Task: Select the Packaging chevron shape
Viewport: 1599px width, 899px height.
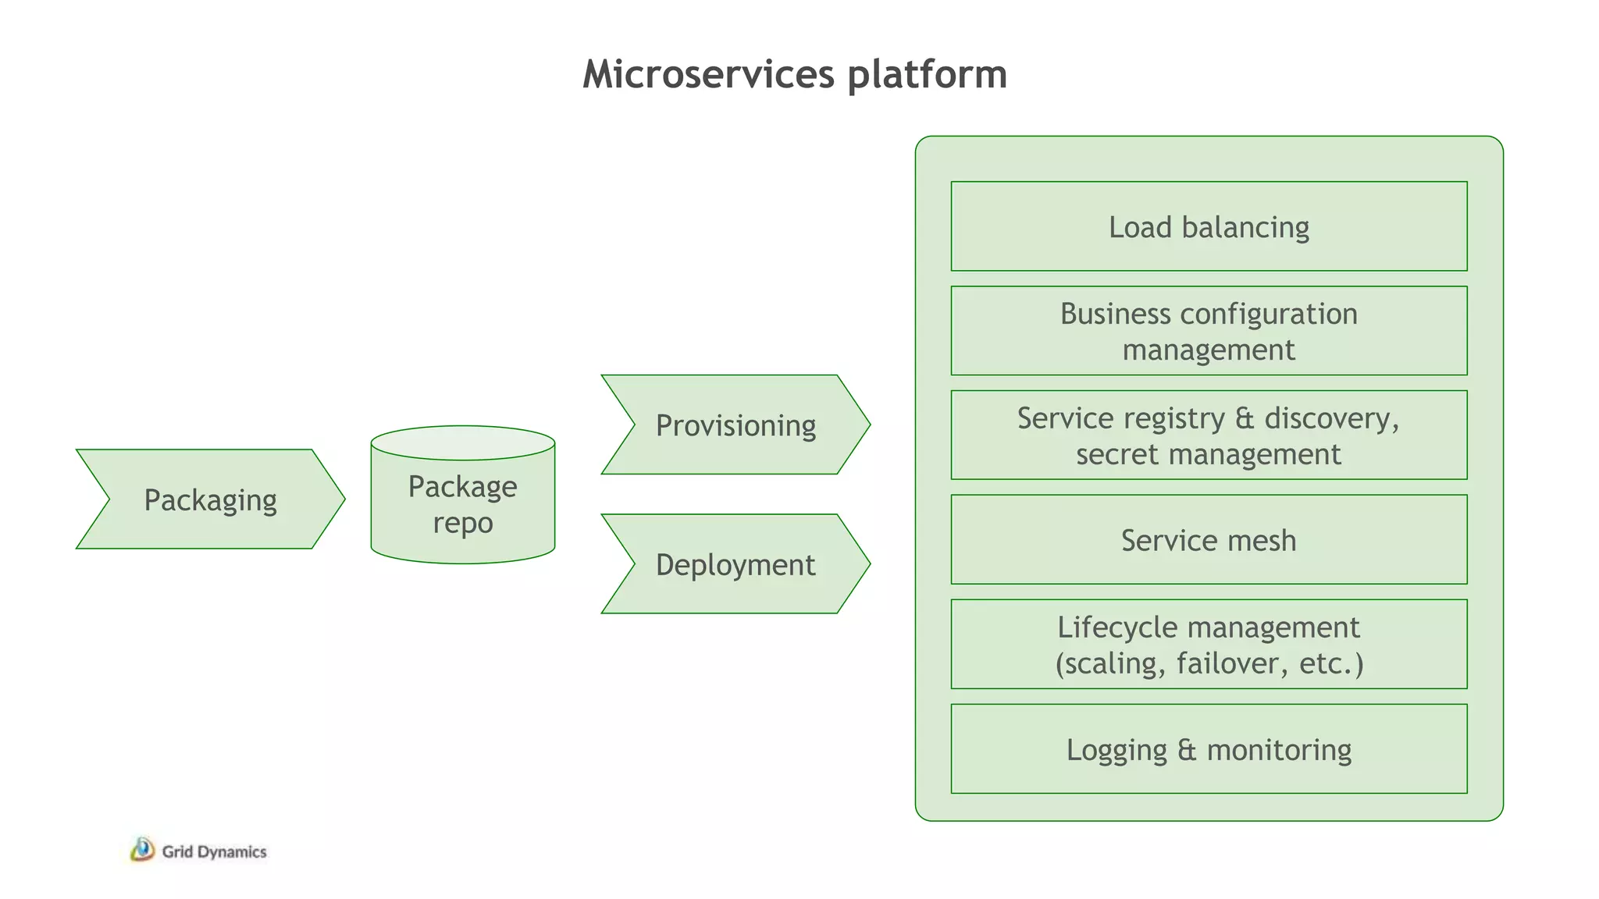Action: click(x=210, y=499)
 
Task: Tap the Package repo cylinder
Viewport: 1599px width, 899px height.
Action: click(x=462, y=504)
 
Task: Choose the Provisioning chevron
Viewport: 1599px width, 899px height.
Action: click(x=735, y=425)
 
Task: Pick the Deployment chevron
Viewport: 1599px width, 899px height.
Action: click(x=735, y=564)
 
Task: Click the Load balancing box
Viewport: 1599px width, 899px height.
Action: click(x=1209, y=227)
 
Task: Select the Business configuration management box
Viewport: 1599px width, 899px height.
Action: click(x=1209, y=331)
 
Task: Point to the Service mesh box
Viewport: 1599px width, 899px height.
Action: click(x=1209, y=540)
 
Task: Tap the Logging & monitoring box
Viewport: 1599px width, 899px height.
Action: click(x=1209, y=749)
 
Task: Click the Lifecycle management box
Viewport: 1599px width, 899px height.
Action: click(x=1209, y=645)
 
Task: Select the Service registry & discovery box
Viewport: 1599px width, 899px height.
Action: click(x=1209, y=435)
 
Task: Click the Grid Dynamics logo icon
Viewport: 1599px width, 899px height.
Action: click(x=142, y=850)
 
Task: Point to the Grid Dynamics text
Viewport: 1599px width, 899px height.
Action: click(x=214, y=852)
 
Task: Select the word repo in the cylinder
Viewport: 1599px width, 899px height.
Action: click(x=463, y=524)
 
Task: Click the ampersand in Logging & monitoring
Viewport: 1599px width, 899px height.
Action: click(x=1187, y=750)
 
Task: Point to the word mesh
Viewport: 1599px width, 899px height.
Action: click(x=1262, y=540)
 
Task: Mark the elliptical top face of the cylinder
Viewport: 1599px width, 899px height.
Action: click(x=462, y=442)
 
